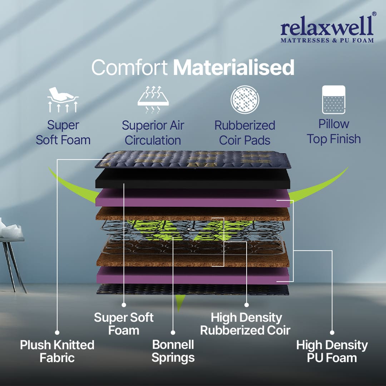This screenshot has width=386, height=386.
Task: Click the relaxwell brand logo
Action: pos(327,30)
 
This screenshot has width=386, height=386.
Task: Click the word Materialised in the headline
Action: pos(234,67)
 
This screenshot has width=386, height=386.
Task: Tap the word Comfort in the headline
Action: pos(129,67)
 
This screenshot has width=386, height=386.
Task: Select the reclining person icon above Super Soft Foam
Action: pos(63,99)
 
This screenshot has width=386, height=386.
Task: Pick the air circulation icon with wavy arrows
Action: pos(153,99)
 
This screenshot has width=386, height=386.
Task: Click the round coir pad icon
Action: pos(244,98)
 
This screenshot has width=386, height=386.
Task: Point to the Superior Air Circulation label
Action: pos(153,133)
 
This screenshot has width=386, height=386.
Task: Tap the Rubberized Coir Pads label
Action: pos(245,133)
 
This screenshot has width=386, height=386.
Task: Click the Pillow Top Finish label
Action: pos(334,131)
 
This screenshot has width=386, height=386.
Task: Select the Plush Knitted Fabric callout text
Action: pos(57,351)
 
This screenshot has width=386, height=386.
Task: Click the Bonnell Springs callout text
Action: pos(173,351)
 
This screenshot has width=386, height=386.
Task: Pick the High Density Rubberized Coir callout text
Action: pos(245,324)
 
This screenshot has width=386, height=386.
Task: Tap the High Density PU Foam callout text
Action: pos(332,351)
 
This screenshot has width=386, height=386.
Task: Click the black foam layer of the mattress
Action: pos(193,178)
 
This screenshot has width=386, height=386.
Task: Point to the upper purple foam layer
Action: pos(193,198)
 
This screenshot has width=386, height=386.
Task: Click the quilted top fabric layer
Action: pos(193,159)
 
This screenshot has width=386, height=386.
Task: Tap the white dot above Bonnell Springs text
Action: pos(173,332)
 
